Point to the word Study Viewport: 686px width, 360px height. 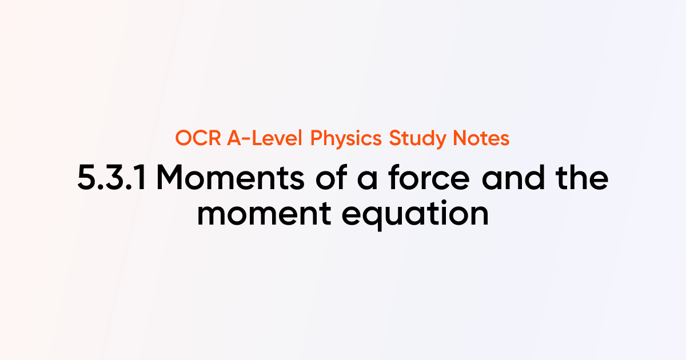pos(415,139)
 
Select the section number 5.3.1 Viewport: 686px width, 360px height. pos(112,179)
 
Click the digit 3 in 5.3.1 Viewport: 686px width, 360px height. pos(117,179)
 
